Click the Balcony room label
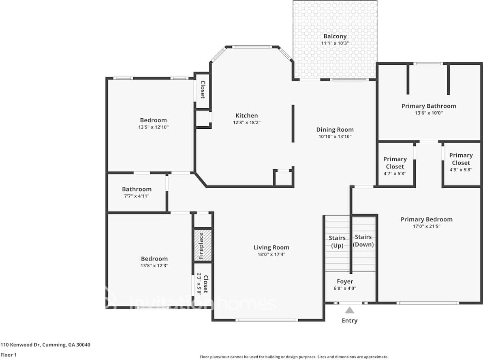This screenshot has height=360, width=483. [335, 36]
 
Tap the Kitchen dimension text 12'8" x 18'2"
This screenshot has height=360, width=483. [247, 123]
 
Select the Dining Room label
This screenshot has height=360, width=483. [335, 130]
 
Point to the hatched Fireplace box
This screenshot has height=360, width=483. [202, 245]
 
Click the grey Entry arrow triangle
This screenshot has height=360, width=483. [349, 310]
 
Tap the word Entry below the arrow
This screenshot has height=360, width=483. [350, 321]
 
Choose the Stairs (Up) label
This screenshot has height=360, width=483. [337, 242]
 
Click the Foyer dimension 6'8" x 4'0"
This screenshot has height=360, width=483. [345, 289]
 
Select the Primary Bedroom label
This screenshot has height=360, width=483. [426, 219]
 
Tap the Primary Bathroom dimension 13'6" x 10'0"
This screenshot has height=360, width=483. [429, 113]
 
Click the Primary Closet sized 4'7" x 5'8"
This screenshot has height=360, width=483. [395, 166]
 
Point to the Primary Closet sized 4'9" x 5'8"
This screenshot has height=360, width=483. [461, 162]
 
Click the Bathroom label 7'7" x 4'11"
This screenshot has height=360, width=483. [137, 192]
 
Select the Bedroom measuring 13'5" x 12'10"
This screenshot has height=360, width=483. [154, 123]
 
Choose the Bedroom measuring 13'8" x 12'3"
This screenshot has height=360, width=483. [154, 262]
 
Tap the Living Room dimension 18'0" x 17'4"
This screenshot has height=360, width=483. [271, 255]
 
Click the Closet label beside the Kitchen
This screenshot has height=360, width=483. [203, 89]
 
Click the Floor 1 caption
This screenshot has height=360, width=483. [9, 355]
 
